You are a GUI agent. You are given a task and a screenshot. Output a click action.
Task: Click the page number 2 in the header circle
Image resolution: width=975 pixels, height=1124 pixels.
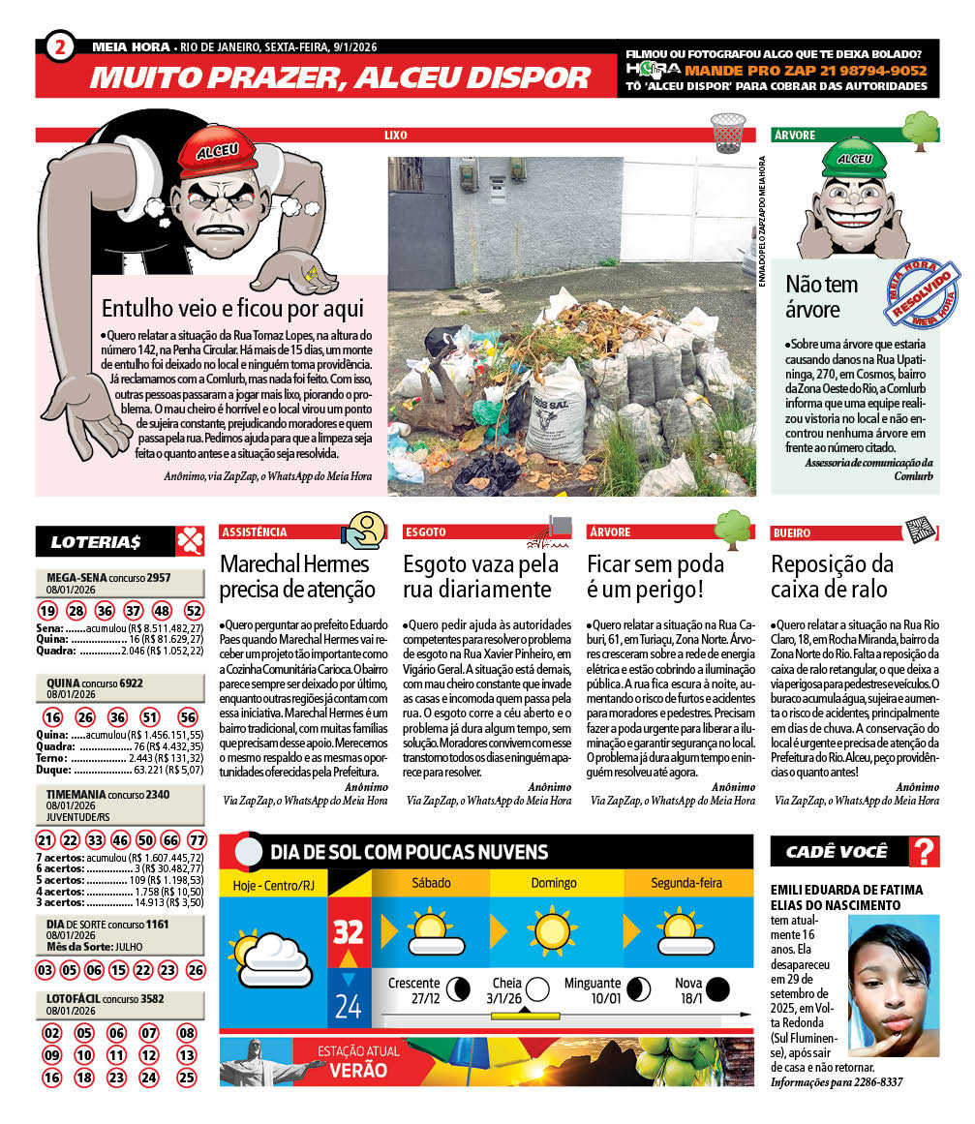pyautogui.click(x=60, y=45)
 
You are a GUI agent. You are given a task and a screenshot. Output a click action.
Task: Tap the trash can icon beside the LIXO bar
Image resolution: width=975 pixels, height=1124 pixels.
pyautogui.click(x=728, y=133)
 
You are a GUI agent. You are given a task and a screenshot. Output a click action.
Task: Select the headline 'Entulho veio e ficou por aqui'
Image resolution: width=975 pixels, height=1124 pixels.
pyautogui.click(x=232, y=309)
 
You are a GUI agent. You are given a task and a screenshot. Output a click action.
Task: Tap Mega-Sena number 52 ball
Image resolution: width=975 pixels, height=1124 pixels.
pyautogui.click(x=194, y=611)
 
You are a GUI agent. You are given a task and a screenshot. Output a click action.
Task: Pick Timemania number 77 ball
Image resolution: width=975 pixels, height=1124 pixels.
pyautogui.click(x=196, y=839)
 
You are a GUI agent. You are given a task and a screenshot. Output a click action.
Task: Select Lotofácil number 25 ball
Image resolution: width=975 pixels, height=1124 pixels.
pyautogui.click(x=187, y=1077)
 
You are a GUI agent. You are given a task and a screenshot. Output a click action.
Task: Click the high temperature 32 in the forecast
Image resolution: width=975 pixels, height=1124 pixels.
pyautogui.click(x=349, y=931)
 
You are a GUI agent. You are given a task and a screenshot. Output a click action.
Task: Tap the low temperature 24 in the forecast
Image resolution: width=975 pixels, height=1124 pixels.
pyautogui.click(x=348, y=1006)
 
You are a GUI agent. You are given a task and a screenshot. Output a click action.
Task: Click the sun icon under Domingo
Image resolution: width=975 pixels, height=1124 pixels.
pyautogui.click(x=554, y=932)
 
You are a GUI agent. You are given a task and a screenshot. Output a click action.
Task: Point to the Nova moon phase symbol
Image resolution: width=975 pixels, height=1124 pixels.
pyautogui.click(x=717, y=988)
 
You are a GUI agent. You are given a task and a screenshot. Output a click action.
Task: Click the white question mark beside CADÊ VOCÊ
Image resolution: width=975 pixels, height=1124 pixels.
pyautogui.click(x=927, y=852)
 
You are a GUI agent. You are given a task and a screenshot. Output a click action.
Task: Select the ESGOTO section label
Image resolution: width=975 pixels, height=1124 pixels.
pyautogui.click(x=427, y=532)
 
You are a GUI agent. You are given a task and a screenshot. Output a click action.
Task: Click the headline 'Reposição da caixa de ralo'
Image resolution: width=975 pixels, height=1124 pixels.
pyautogui.click(x=832, y=576)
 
